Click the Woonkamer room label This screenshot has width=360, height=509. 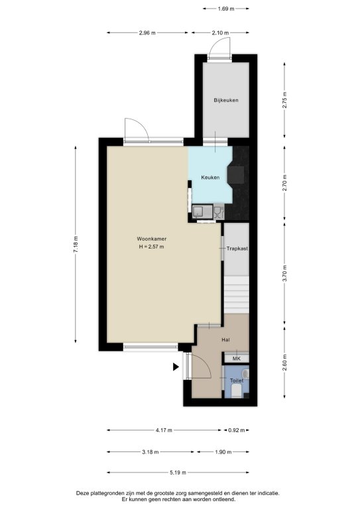pos(152,239)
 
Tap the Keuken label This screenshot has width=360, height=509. pos(210,178)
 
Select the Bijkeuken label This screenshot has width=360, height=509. pos(226,100)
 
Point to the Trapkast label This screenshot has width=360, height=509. pos(237,249)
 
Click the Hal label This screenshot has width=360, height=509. pos(225,340)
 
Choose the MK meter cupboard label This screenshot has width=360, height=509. pos(237,359)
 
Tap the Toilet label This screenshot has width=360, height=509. pos(237,380)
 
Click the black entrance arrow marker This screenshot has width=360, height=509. pos(176,367)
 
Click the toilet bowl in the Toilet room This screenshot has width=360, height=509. pos(237,391)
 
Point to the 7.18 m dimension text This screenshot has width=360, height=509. pos(76,245)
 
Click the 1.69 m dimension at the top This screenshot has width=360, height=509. pos(226,9)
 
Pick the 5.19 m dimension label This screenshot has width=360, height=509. pos(178,473)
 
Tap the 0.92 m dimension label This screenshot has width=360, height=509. pos(236,430)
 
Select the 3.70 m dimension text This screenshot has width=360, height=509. pos(285,274)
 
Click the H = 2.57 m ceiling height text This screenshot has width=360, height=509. pos(151,247)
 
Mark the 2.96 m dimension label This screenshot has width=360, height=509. pos(147,32)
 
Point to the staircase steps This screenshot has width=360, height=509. pos(237,295)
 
